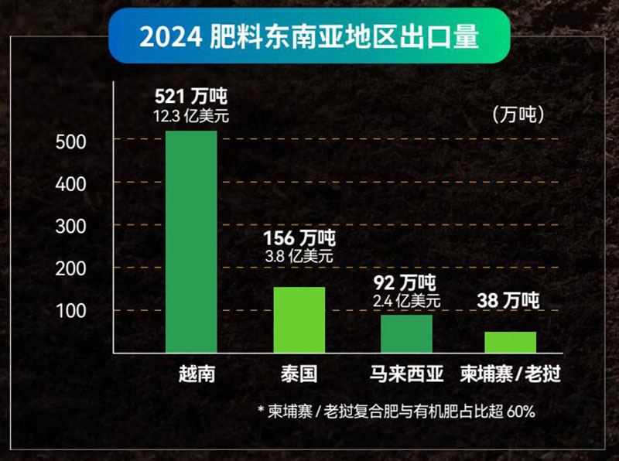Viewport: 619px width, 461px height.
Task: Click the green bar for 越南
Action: point(192,242)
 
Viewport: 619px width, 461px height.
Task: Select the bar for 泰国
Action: point(299,320)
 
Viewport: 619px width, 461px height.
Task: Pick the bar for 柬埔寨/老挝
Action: point(510,342)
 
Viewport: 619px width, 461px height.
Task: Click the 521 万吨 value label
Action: point(192,97)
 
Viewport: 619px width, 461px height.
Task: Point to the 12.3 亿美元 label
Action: point(192,116)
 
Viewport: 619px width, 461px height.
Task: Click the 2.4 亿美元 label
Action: point(407,300)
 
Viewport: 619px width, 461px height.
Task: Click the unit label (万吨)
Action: point(518,115)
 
